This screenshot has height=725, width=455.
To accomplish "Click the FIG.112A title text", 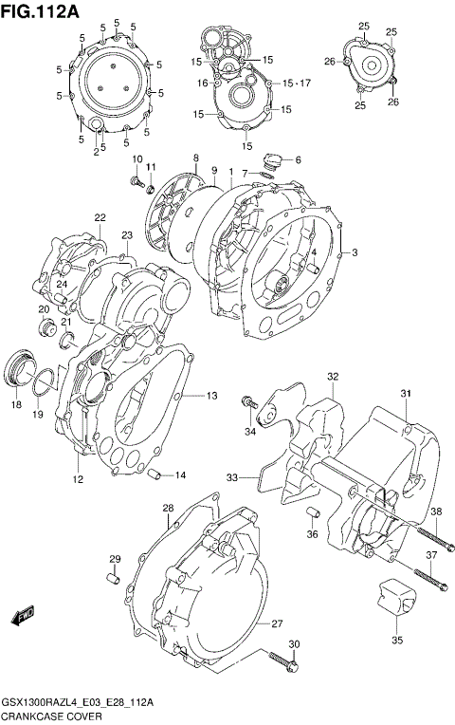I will [40, 10].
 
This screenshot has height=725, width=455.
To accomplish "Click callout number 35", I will [397, 640].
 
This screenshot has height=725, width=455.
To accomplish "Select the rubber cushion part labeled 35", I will [396, 598].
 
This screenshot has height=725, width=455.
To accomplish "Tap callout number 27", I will [278, 623].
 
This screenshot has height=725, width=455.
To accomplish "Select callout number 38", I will [436, 512].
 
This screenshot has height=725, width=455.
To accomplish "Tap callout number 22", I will [99, 218].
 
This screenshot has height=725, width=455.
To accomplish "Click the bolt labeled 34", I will [250, 402].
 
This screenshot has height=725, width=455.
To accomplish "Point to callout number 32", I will [333, 377].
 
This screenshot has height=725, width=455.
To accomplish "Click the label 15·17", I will [297, 84].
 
